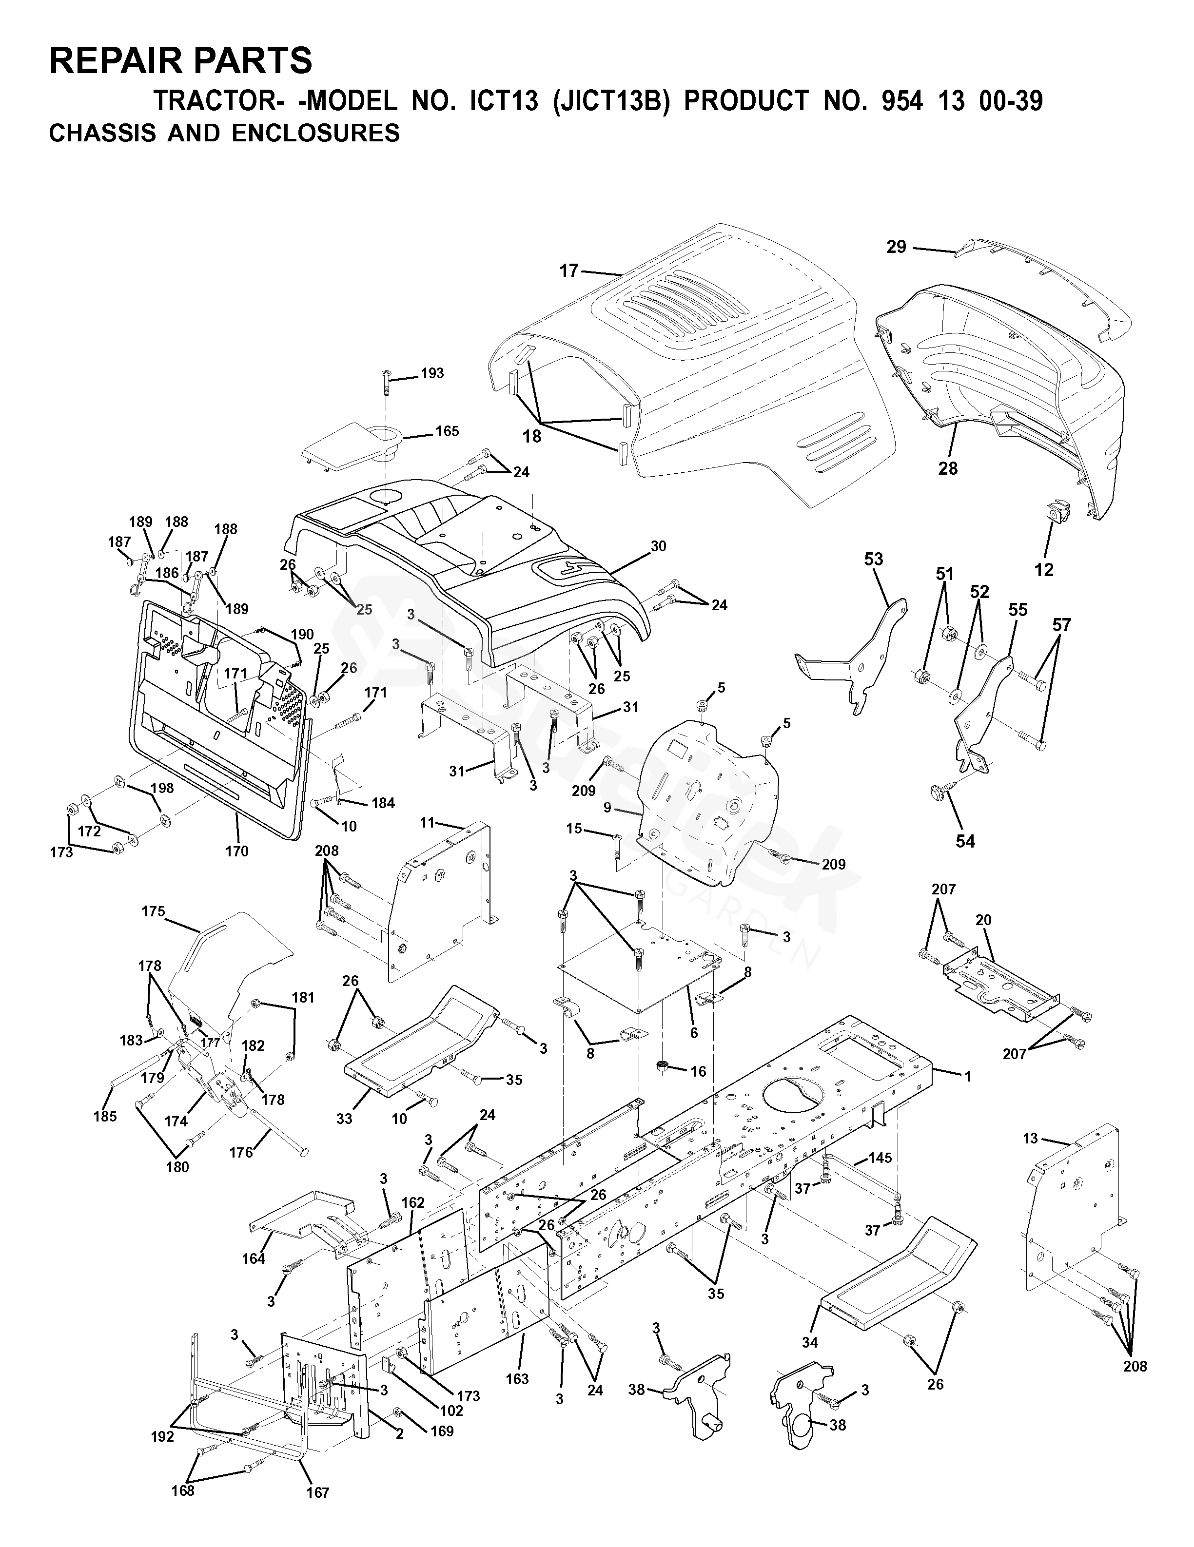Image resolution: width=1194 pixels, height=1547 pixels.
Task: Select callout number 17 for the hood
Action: [568, 270]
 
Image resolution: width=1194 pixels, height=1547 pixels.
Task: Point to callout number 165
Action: [447, 431]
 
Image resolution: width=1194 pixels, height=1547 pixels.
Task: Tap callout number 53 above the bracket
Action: [873, 559]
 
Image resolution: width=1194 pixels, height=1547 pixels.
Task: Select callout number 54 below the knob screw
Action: [965, 841]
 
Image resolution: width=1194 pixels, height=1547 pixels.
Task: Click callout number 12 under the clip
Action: [1044, 569]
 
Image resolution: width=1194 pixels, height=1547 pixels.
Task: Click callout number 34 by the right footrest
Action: [810, 1342]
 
